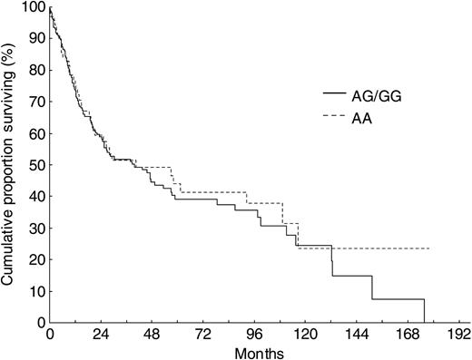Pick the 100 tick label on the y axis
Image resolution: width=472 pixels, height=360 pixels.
[31, 7]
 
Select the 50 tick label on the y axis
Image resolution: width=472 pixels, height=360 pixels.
[34, 166]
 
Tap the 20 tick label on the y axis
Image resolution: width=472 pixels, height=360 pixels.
[34, 260]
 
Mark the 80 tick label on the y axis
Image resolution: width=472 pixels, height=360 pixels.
[34, 71]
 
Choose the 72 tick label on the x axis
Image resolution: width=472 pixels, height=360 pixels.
[205, 333]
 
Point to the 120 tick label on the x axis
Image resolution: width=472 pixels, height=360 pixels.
[309, 333]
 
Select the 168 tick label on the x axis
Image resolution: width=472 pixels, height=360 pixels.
[412, 333]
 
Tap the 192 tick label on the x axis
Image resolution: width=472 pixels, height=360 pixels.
[464, 333]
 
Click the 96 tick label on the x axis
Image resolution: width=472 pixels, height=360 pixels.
[257, 333]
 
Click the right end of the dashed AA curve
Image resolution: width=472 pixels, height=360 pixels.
[428, 248]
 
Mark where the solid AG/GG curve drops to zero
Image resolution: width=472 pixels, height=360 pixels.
[424, 321]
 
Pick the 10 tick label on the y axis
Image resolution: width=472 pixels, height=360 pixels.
[34, 292]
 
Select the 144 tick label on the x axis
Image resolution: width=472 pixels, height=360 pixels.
[360, 333]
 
